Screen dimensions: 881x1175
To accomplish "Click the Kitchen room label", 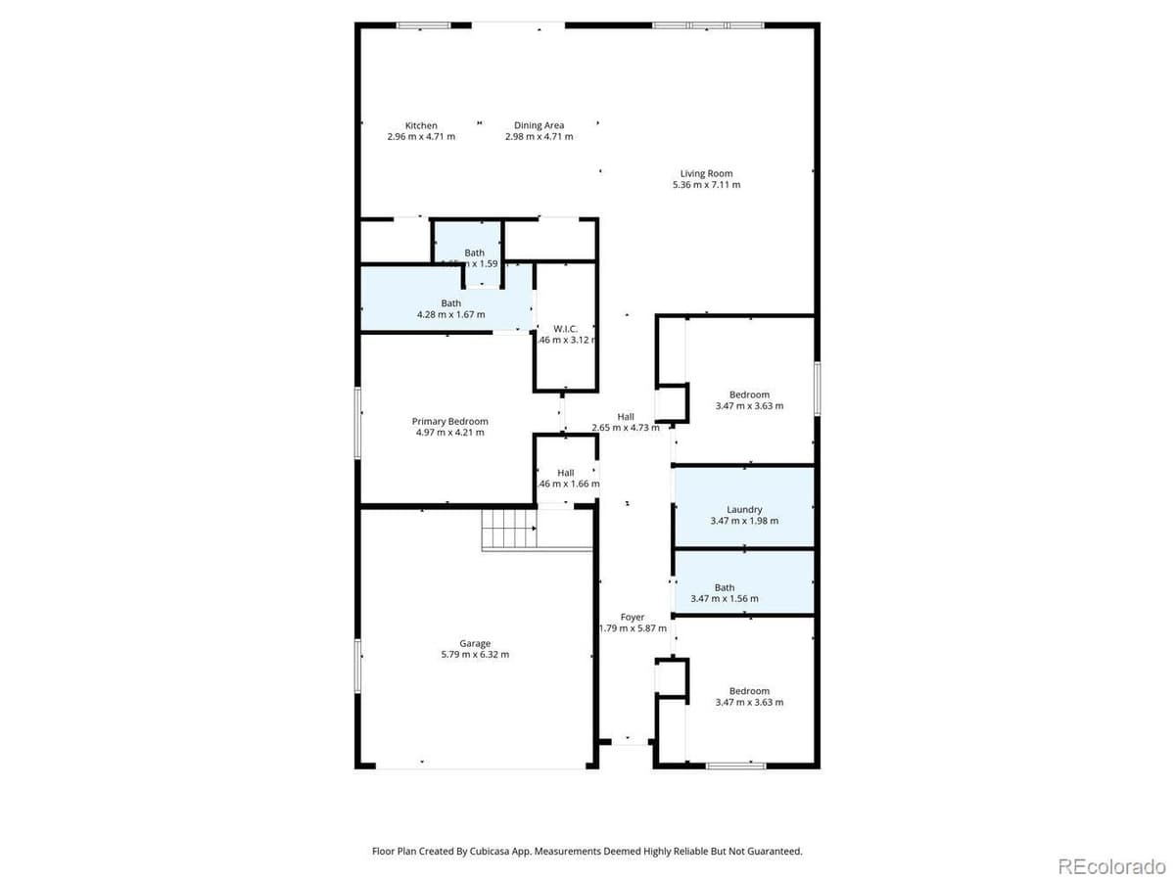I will click(421, 125).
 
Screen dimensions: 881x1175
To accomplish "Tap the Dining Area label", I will click(539, 125).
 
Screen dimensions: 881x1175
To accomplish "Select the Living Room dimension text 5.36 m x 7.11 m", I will click(706, 185).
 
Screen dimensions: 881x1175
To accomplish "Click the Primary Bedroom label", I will click(449, 421).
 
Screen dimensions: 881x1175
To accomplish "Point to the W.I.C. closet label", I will click(566, 328).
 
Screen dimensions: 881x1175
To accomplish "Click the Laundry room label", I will click(744, 509).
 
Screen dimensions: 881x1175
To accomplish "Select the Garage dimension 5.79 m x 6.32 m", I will click(475, 655).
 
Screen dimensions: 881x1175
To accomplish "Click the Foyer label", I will click(633, 617).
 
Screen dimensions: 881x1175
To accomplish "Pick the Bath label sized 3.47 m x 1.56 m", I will click(724, 587).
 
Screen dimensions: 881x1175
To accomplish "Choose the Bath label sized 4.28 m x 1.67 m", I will click(450, 303).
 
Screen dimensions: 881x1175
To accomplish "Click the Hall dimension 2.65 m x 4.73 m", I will click(626, 428).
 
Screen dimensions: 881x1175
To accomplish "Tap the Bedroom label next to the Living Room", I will click(749, 394).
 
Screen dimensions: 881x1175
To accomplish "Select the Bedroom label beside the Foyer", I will click(749, 690).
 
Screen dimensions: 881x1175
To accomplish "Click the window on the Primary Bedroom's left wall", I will click(358, 422).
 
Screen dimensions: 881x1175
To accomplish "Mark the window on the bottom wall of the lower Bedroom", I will click(735, 765).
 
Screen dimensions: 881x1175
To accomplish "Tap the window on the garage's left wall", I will click(358, 666).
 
